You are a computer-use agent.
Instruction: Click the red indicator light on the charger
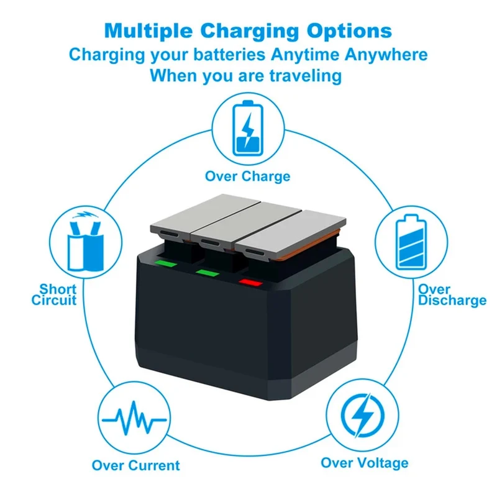tap(251, 283)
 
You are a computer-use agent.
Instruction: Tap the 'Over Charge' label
tap(247, 176)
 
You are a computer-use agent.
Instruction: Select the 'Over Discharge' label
tap(452, 294)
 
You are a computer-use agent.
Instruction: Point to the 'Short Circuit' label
tap(54, 294)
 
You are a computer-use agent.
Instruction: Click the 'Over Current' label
tap(135, 465)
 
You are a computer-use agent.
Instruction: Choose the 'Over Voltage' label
tap(365, 463)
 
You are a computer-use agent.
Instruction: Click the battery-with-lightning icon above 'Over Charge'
tap(248, 129)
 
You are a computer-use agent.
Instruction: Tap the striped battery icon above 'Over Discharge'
tap(411, 242)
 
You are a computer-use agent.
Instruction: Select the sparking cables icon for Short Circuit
tap(86, 242)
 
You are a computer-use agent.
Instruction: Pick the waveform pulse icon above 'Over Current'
tap(134, 418)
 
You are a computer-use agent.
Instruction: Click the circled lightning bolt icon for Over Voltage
tap(363, 416)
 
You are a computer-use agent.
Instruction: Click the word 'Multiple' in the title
tap(148, 31)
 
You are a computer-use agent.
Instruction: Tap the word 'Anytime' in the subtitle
tap(305, 55)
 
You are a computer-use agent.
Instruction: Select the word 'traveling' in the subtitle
tap(306, 76)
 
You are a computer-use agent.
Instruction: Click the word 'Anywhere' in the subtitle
tap(386, 55)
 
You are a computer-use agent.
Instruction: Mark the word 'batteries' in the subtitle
tap(229, 55)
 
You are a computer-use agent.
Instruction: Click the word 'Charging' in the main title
tap(250, 31)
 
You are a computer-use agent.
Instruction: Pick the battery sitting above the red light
tap(290, 234)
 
